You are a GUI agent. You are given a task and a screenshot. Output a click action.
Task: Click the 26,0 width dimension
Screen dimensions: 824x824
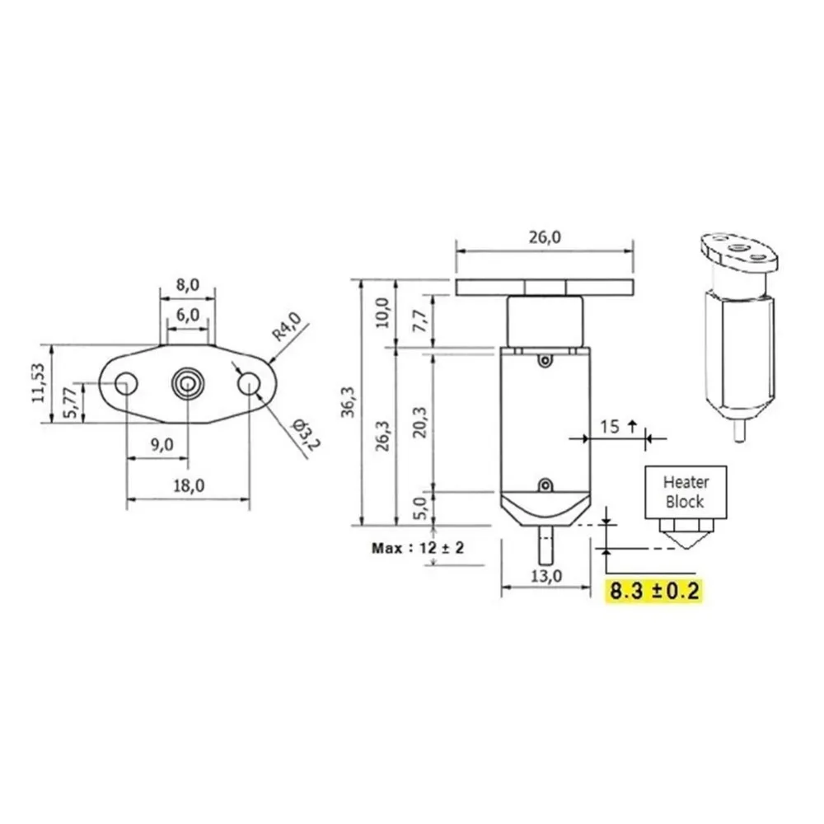pyautogui.click(x=545, y=237)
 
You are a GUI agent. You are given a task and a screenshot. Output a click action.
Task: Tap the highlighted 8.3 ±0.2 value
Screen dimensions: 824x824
pyautogui.click(x=653, y=591)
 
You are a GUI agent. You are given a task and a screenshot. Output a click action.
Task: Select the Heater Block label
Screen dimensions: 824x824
pyautogui.click(x=686, y=492)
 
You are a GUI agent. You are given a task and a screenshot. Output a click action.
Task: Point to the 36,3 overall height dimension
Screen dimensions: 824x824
pyautogui.click(x=348, y=402)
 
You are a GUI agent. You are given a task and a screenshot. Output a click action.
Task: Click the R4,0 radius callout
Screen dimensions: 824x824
pyautogui.click(x=287, y=326)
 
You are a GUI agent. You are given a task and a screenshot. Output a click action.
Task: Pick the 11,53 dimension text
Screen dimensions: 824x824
pyautogui.click(x=39, y=383)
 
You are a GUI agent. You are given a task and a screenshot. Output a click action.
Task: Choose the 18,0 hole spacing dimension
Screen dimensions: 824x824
pyautogui.click(x=189, y=485)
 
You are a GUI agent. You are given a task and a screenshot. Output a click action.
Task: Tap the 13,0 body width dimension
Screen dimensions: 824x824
pyautogui.click(x=546, y=576)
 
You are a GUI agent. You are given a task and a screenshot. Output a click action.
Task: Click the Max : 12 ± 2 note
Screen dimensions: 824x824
pyautogui.click(x=418, y=548)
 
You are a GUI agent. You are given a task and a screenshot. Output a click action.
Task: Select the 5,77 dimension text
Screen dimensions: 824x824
pyautogui.click(x=70, y=403)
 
